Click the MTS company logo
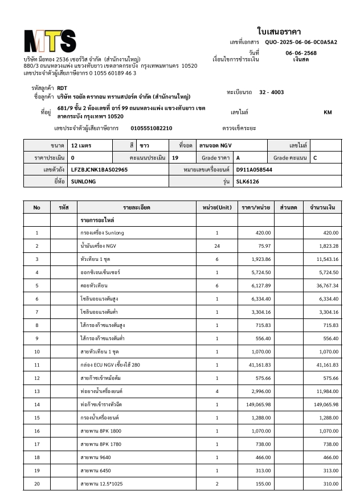[50, 40]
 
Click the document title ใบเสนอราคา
[279, 31]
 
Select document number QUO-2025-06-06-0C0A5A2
[301, 42]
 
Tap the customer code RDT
[63, 88]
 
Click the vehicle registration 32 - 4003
[271, 92]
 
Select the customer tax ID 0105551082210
[152, 128]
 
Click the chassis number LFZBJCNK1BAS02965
[99, 170]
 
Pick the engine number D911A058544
[254, 170]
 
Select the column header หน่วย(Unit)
[216, 207]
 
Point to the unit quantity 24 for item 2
[216, 246]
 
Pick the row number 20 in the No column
[37, 483]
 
